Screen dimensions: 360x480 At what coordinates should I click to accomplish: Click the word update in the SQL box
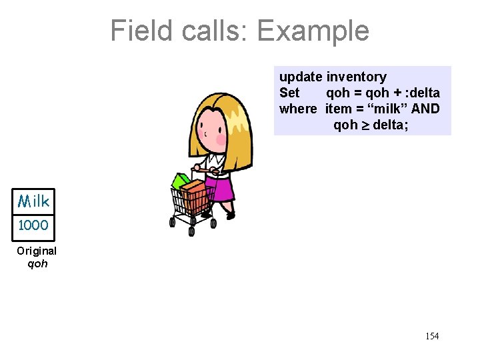click(301, 77)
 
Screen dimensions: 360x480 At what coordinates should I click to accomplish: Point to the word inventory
click(356, 77)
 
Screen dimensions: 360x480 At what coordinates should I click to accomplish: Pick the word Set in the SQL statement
click(289, 93)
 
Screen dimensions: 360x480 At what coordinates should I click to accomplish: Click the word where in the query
click(298, 109)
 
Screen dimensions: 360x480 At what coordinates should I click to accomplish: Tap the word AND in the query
click(425, 109)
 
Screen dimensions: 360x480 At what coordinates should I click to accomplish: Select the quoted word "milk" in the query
click(387, 109)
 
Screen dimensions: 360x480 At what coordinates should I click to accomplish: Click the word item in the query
click(338, 109)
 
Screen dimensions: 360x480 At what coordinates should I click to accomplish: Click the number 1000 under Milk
click(33, 225)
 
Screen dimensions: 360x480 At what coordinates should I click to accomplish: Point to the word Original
click(37, 251)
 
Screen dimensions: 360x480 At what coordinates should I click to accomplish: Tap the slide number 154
click(432, 336)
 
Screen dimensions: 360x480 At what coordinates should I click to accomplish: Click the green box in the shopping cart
click(180, 181)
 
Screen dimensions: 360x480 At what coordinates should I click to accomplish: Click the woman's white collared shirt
click(215, 163)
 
